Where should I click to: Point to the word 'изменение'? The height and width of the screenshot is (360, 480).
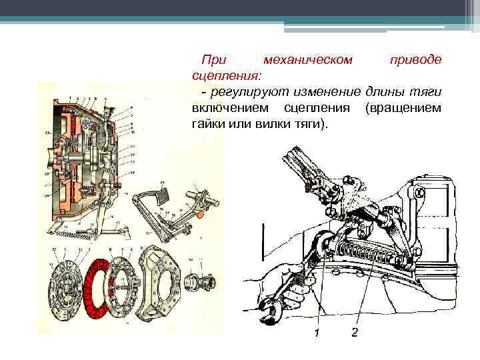pyautogui.click(x=326, y=90)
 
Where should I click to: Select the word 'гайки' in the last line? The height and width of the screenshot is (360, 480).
pyautogui.click(x=207, y=125)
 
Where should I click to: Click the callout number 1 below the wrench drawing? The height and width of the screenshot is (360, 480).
pyautogui.click(x=317, y=332)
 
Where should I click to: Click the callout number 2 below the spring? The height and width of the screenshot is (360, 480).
pyautogui.click(x=354, y=332)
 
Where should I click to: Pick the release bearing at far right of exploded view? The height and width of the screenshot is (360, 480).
pyautogui.click(x=200, y=276)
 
